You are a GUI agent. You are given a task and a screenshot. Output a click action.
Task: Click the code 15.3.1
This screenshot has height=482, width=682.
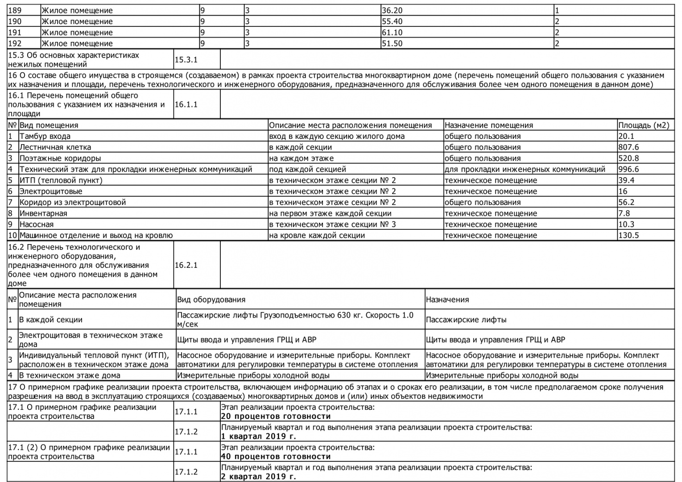click(x=186, y=60)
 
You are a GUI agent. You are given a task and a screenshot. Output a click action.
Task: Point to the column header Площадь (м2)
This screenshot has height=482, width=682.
click(x=644, y=125)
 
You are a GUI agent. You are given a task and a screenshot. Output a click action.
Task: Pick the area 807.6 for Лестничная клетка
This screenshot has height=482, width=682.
click(x=629, y=147)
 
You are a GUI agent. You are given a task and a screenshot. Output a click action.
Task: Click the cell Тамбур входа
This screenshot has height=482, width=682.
click(x=45, y=136)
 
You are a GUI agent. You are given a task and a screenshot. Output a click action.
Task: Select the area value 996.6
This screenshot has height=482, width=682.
click(x=629, y=169)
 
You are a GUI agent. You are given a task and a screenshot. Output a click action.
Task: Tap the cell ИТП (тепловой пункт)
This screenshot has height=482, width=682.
click(x=61, y=180)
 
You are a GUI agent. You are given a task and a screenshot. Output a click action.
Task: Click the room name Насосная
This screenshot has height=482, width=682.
click(x=36, y=224)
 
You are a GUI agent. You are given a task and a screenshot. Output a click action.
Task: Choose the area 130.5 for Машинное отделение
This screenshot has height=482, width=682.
click(x=629, y=235)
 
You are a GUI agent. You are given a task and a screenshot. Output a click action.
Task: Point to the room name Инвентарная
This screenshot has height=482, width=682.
click(x=43, y=213)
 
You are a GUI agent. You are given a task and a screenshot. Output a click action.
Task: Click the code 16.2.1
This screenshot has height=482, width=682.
click(x=186, y=265)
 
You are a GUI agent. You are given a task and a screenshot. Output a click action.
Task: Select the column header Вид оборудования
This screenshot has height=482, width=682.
click(x=211, y=299)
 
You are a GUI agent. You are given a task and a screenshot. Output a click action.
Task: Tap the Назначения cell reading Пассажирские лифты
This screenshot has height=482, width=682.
click(x=466, y=320)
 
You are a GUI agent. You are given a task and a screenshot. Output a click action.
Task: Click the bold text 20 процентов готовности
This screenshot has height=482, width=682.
click(x=276, y=416)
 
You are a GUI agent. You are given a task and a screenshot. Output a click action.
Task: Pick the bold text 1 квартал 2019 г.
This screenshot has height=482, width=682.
click(x=259, y=436)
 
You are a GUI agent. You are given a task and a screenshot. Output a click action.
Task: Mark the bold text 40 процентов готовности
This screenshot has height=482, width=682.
click(x=276, y=457)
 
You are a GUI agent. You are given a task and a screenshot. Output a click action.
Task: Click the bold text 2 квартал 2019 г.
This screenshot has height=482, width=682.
click(x=259, y=477)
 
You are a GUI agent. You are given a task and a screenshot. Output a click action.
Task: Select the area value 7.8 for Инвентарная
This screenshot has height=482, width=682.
click(x=624, y=213)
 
